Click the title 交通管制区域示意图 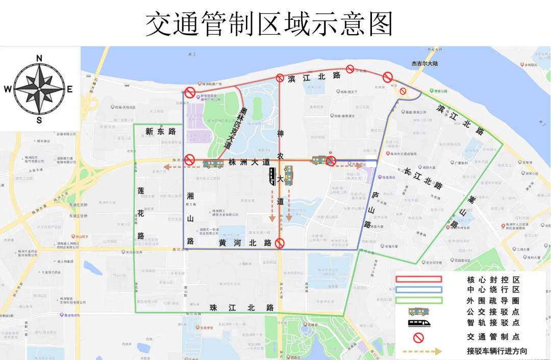coord(269,23)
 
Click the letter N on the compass coord(39,58)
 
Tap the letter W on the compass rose coord(8,89)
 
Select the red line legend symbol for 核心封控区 coord(418,279)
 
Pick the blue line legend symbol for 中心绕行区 coord(418,290)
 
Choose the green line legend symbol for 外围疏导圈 coord(418,300)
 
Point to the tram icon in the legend coord(418,322)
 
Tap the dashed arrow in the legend coord(421,351)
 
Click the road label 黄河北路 coord(245,243)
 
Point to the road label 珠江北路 coord(242,307)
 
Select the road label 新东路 coord(161,132)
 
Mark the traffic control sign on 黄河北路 coord(280,243)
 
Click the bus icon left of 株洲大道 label coord(213,164)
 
